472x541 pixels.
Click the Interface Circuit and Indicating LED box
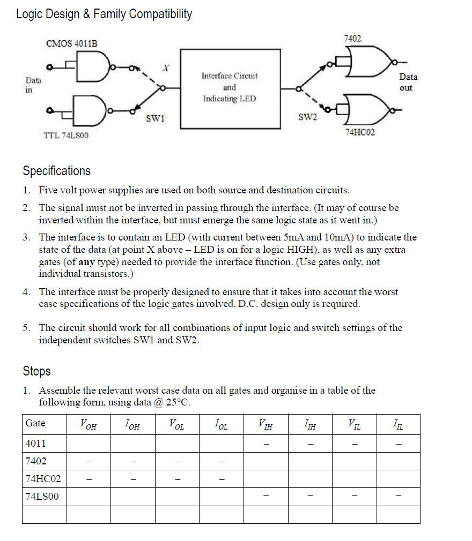pos(230,88)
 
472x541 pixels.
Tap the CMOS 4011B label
pos(72,43)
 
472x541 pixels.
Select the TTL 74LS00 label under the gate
pos(66,136)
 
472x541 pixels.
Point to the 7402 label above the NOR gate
pos(352,39)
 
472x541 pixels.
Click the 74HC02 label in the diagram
pos(360,132)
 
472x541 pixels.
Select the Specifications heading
pos(56,171)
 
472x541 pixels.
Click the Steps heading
pos(36,371)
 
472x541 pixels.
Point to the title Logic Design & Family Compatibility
pos(104,14)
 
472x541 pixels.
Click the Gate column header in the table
pos(35,423)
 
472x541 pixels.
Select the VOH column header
pos(88,424)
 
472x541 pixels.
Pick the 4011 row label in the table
pos(35,444)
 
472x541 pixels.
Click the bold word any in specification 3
pos(87,262)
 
